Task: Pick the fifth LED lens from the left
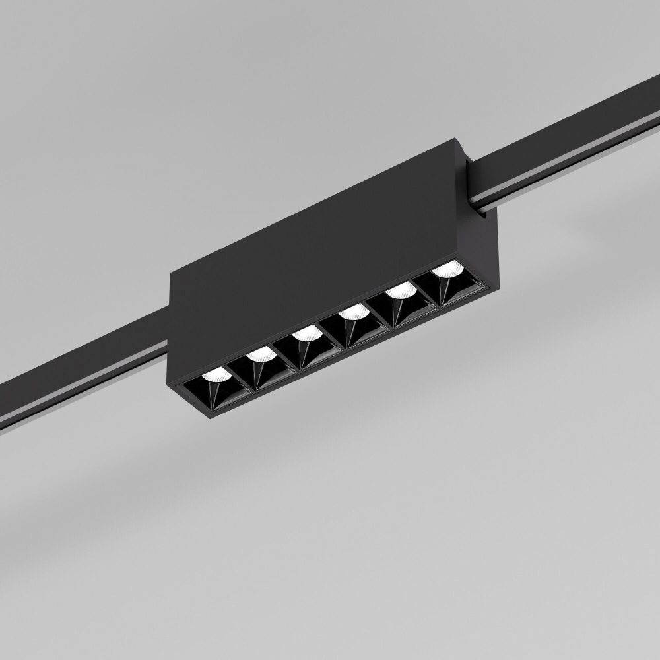click(x=399, y=291)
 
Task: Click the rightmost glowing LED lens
click(x=446, y=269)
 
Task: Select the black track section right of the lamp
click(x=568, y=132)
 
